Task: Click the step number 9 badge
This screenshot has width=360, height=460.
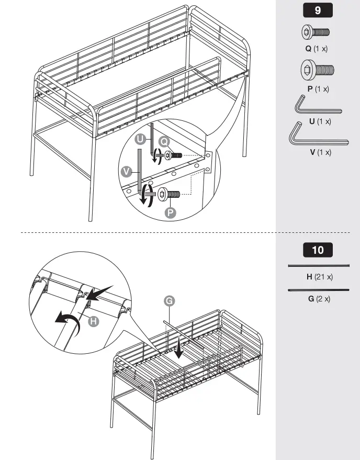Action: [318, 9]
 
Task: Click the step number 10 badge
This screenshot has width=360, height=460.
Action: [318, 250]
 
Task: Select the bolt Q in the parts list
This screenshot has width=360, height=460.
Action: [316, 32]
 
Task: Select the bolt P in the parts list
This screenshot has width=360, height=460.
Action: [317, 70]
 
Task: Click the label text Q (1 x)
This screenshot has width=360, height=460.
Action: [317, 49]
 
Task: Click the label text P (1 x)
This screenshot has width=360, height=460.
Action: [318, 89]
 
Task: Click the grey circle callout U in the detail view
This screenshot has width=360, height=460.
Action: [140, 139]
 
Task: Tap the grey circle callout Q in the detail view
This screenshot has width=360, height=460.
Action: [164, 141]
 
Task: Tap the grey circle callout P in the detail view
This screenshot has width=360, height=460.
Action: [170, 212]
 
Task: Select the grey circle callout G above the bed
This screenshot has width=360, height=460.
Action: [169, 301]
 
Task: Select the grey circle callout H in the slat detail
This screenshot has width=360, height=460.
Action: [94, 321]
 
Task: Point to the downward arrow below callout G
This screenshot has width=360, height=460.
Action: [179, 349]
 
